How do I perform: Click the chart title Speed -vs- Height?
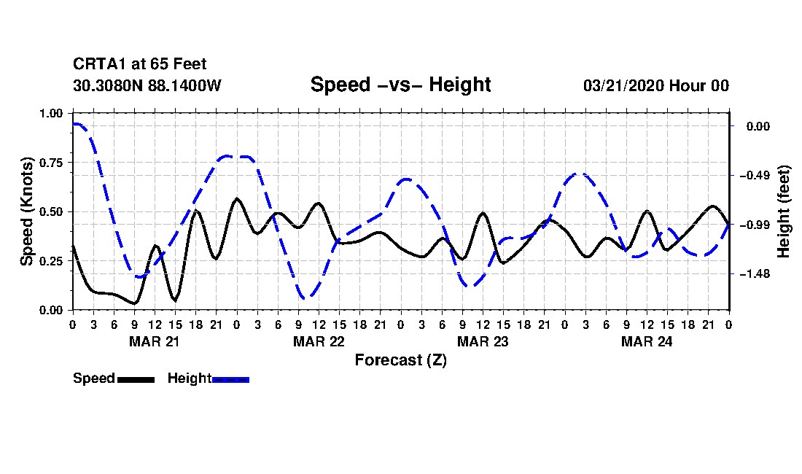pos(400,85)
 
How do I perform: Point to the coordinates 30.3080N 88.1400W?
pos(147,85)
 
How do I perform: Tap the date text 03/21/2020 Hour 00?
pos(655,85)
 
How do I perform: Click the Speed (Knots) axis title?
pos(27,211)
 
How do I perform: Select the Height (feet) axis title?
pos(784,211)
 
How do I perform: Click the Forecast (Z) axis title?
pos(400,360)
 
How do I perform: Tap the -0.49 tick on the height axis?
pos(755,176)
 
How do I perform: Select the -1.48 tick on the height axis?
pos(755,273)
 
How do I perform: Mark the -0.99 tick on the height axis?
pos(755,225)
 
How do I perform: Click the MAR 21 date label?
pos(154,341)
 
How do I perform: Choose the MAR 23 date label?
pos(482,341)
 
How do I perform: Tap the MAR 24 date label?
pos(646,341)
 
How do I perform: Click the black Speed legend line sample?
pos(136,379)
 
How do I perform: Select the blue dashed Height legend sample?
pos(230,379)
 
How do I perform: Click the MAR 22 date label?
pos(318,341)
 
